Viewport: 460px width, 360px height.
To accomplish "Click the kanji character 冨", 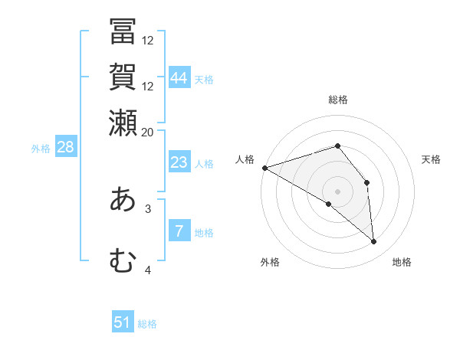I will (123, 33).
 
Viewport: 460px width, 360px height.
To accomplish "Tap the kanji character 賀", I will (123, 77).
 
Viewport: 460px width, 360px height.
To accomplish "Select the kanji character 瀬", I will (123, 121).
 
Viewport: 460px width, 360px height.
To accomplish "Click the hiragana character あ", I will (123, 200).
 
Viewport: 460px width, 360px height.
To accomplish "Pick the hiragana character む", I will (123, 260).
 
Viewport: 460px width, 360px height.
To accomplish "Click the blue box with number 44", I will (179, 77).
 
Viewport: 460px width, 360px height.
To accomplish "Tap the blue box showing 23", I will (179, 162).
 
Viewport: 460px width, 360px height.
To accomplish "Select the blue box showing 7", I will (179, 231).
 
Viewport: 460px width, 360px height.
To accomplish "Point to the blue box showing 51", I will (123, 322).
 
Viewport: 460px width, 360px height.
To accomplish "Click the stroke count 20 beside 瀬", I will (148, 132).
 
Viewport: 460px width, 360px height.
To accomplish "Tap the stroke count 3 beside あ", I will (148, 208).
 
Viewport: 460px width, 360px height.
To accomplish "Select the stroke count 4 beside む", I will (148, 270).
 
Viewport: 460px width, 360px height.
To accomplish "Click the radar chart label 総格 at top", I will (337, 100).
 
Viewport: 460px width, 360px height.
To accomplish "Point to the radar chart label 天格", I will (431, 159).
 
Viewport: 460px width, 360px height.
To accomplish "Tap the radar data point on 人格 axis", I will (264, 168).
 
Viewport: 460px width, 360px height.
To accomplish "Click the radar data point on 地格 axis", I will (373, 241).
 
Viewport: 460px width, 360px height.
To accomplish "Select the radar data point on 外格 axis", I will (329, 204).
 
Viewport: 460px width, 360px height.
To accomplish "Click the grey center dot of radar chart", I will (337, 191).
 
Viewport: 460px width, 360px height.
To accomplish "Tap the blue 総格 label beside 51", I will (147, 324).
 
